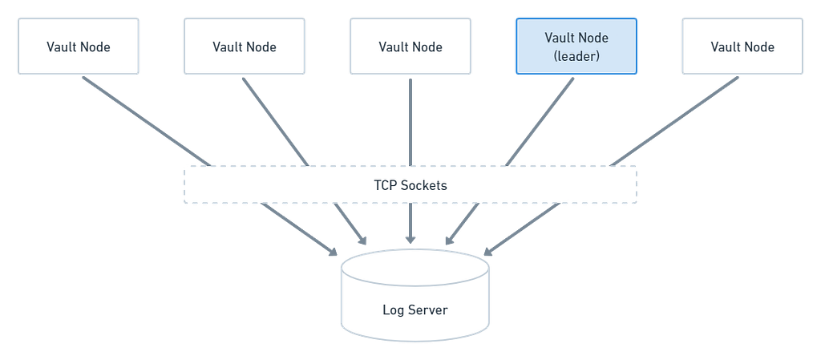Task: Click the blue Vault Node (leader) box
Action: pos(576,46)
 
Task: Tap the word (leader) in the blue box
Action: pos(576,56)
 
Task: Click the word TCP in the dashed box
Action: pos(385,185)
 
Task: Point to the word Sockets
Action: pos(423,185)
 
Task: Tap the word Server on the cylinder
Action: pos(429,309)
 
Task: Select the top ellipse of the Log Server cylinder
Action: pos(415,267)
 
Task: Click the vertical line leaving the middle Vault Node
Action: pos(410,122)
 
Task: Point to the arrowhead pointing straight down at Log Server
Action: pos(410,238)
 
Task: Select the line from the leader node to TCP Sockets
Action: pos(540,122)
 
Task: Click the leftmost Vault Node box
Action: pos(79,46)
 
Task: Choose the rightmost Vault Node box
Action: pos(742,46)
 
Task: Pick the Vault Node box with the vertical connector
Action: pos(410,46)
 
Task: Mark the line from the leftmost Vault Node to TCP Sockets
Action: pos(146,121)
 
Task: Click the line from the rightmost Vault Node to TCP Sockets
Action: pos(674,121)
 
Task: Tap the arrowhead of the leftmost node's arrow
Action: pos(333,251)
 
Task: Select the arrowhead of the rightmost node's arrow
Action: pos(488,251)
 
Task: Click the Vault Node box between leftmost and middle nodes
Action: pos(245,46)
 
